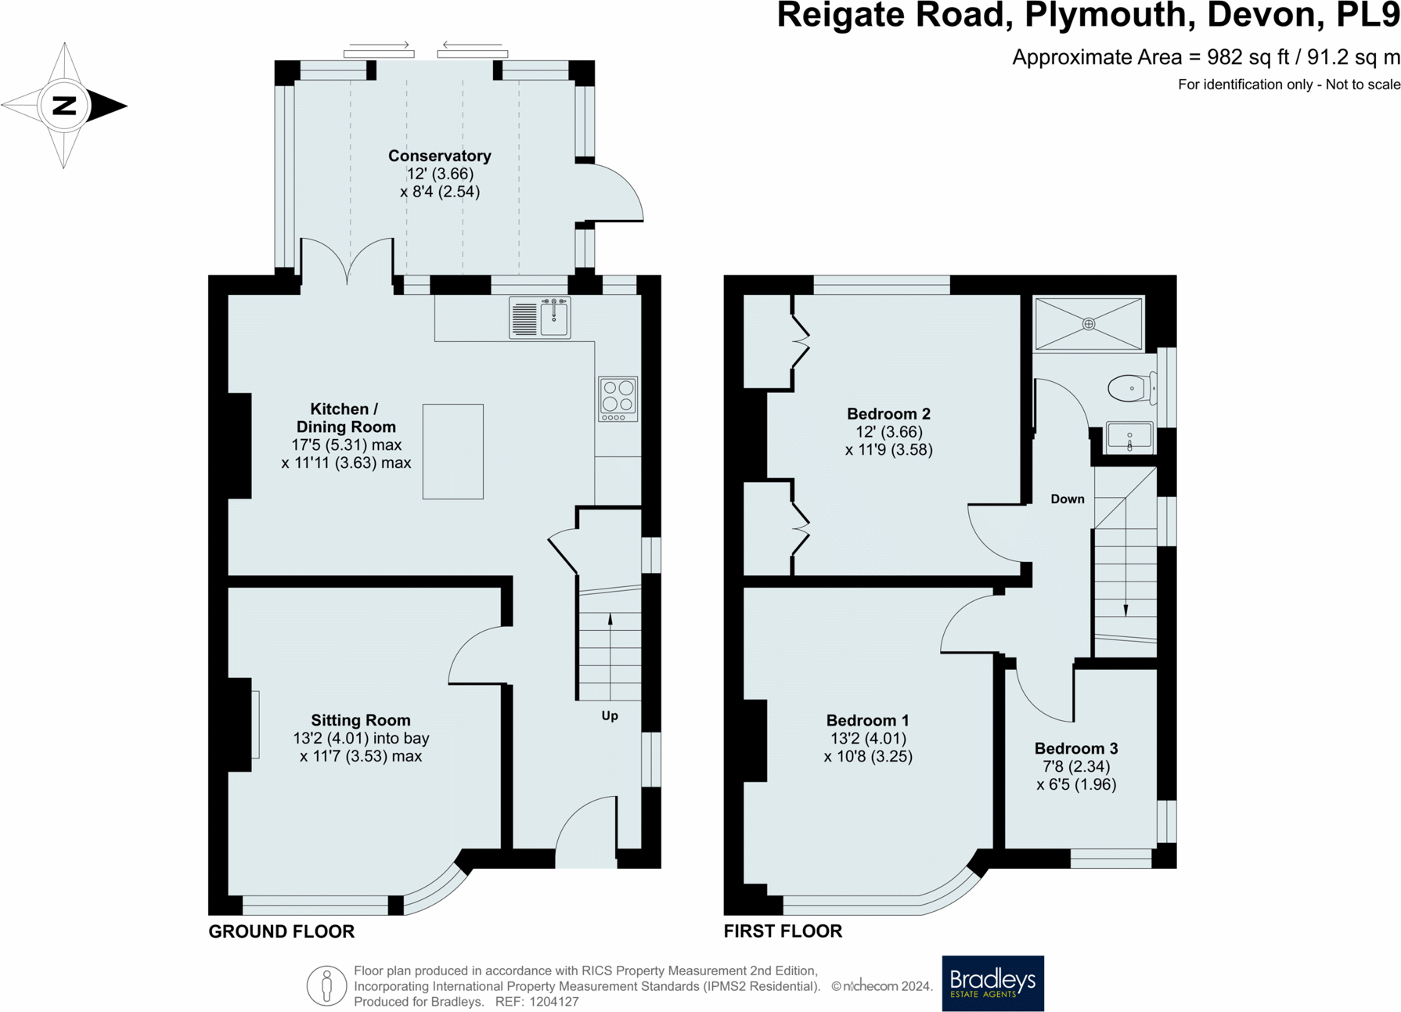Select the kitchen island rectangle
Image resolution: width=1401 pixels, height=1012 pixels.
click(x=452, y=452)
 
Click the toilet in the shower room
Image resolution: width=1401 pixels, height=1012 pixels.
click(x=1131, y=387)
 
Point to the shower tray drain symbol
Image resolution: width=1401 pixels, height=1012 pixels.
click(x=1089, y=323)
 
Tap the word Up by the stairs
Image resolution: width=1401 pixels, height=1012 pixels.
click(x=610, y=715)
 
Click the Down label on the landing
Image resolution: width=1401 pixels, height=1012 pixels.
click(x=1067, y=499)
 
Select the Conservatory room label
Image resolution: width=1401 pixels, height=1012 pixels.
click(x=439, y=156)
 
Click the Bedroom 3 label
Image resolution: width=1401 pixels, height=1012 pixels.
click(x=1075, y=748)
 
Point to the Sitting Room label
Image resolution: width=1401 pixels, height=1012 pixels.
click(x=360, y=720)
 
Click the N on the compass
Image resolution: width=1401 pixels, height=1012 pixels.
click(x=63, y=106)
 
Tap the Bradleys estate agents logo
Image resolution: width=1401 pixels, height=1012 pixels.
click(x=992, y=983)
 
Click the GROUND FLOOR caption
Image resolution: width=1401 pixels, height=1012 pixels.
click(x=281, y=931)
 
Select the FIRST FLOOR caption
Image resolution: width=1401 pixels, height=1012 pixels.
click(x=782, y=931)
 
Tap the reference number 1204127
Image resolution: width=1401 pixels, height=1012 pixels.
click(x=553, y=1002)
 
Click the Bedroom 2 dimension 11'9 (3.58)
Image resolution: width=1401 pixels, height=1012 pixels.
click(x=888, y=450)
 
